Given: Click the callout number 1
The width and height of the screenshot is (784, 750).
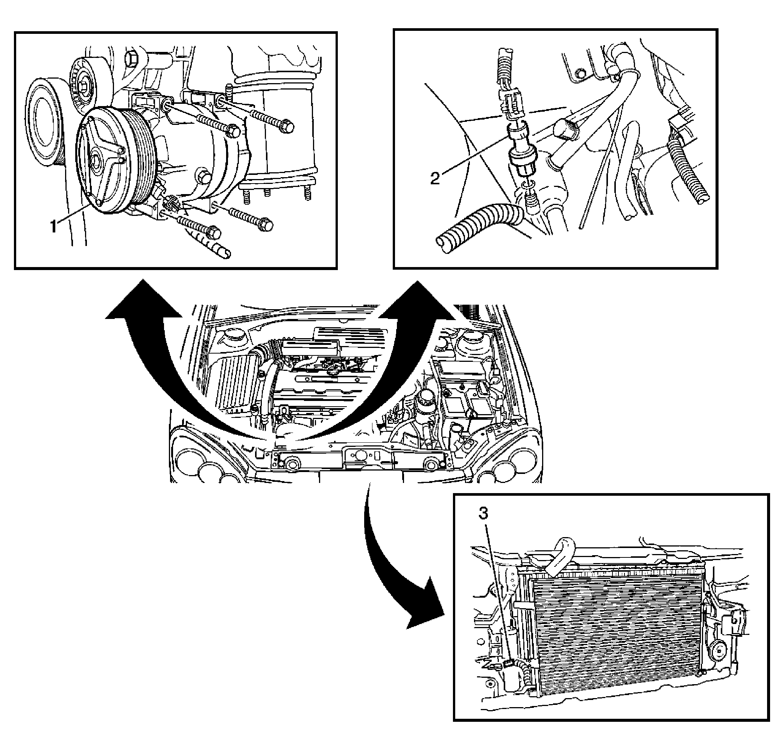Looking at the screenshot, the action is point(53,226).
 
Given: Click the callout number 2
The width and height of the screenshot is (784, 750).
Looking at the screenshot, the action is point(435,178).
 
